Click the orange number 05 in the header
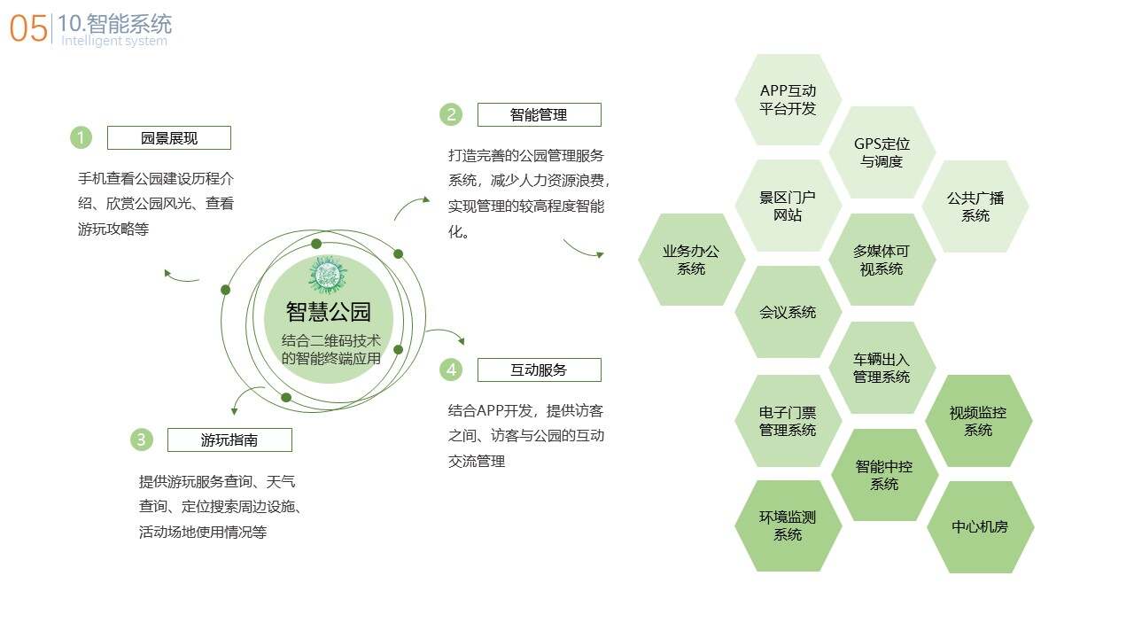[x=28, y=28]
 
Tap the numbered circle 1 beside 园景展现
[x=81, y=137]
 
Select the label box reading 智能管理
[x=540, y=115]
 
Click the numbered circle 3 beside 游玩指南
[x=141, y=440]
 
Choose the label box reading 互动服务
[x=540, y=370]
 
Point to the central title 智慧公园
[x=329, y=311]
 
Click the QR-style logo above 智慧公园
[x=328, y=275]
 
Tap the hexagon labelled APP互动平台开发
[x=788, y=100]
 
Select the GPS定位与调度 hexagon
[x=882, y=152]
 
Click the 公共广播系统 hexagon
[x=975, y=206]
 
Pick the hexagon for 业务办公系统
[x=691, y=260]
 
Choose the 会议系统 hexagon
[x=788, y=312]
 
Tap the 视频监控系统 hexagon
[x=978, y=421]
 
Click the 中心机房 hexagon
[x=980, y=527]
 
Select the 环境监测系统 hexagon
[x=788, y=525]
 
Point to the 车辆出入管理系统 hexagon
[x=882, y=368]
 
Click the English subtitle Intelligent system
[x=114, y=41]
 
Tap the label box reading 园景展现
[x=169, y=137]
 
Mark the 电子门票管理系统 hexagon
[x=788, y=421]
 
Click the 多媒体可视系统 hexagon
[x=882, y=260]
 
